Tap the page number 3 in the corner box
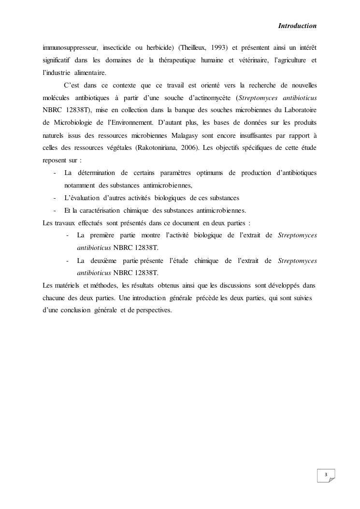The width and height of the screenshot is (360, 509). (x=326, y=475)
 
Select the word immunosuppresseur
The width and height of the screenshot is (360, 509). (x=69, y=48)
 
